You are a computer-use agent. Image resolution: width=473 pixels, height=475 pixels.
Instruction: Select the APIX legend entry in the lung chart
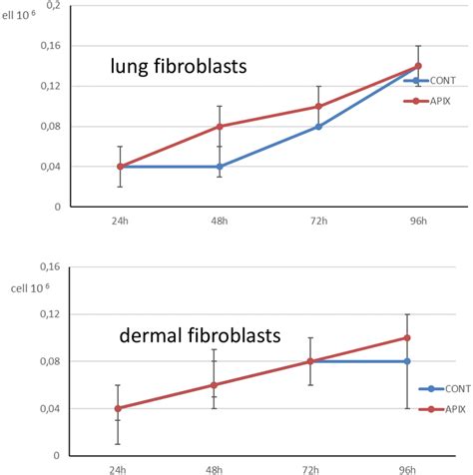pyautogui.click(x=437, y=101)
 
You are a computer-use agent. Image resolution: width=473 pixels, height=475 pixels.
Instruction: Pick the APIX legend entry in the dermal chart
pyautogui.click(x=437, y=408)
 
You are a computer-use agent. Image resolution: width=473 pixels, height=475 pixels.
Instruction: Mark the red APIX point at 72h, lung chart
pyautogui.click(x=318, y=106)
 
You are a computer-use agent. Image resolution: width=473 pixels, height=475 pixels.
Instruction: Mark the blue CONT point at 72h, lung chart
pyautogui.click(x=318, y=126)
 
